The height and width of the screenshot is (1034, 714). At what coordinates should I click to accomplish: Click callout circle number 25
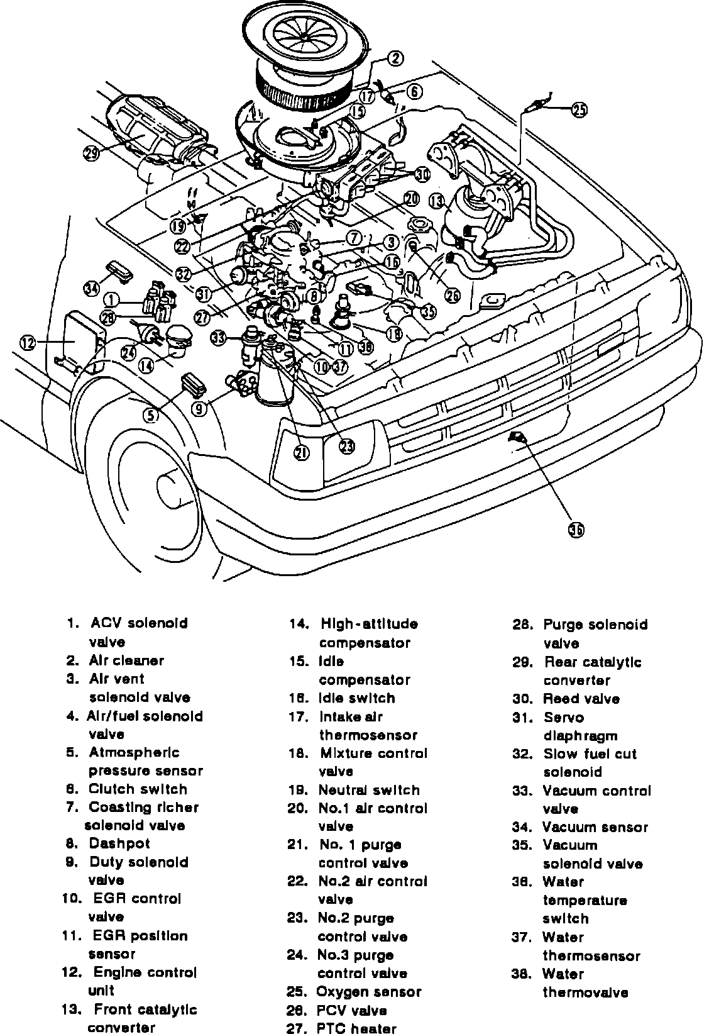point(579,110)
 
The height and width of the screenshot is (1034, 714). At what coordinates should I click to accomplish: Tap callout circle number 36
point(576,530)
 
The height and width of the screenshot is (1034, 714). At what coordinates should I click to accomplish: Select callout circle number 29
point(92,153)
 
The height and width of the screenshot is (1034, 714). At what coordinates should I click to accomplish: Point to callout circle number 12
point(28,343)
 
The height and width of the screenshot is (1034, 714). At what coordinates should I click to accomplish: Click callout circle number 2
point(395,59)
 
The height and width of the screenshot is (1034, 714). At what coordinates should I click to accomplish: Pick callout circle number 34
point(92,288)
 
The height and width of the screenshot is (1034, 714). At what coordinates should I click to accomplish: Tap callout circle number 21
point(302,453)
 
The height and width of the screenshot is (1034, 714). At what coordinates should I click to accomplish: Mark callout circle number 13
point(437,201)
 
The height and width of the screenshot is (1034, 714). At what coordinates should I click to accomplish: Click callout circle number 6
point(414,91)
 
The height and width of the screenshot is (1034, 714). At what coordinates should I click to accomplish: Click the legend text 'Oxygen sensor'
point(368,992)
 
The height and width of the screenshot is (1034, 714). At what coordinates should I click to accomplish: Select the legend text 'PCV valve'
point(351,1011)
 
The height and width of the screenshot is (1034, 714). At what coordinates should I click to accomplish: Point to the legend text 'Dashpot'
point(119,844)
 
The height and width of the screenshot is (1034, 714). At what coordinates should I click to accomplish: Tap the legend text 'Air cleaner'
point(126,660)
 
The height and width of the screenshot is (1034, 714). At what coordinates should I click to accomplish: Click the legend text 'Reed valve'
point(581,699)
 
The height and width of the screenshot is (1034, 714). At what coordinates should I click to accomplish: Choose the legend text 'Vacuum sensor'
point(595,828)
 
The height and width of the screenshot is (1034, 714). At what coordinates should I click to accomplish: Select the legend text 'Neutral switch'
point(368,790)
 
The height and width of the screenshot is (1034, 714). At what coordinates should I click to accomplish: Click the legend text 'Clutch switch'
point(138,789)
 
